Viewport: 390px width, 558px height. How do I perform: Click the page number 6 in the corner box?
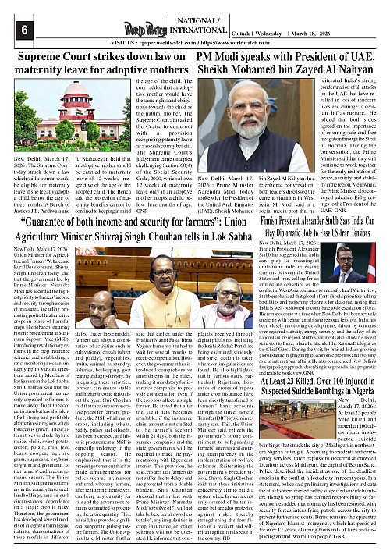12,30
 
